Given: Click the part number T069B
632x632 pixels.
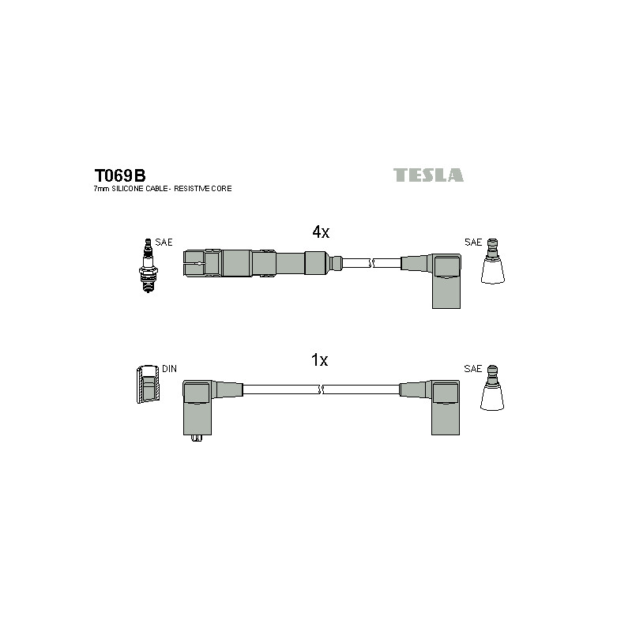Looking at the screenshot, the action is pyautogui.click(x=120, y=175).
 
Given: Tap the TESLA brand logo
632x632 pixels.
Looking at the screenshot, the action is pyautogui.click(x=428, y=175).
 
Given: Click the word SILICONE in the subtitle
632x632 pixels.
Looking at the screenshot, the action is pyautogui.click(x=127, y=189).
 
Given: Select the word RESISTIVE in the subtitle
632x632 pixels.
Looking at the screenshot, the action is pyautogui.click(x=191, y=189).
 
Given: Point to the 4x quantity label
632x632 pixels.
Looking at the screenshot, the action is pyautogui.click(x=321, y=231).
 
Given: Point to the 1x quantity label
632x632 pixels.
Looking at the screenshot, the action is pyautogui.click(x=320, y=360).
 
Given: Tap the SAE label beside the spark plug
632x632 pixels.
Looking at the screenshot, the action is pyautogui.click(x=164, y=243).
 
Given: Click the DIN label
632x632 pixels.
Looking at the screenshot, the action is pyautogui.click(x=169, y=369).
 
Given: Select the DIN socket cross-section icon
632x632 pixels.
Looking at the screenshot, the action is pyautogui.click(x=148, y=384).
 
